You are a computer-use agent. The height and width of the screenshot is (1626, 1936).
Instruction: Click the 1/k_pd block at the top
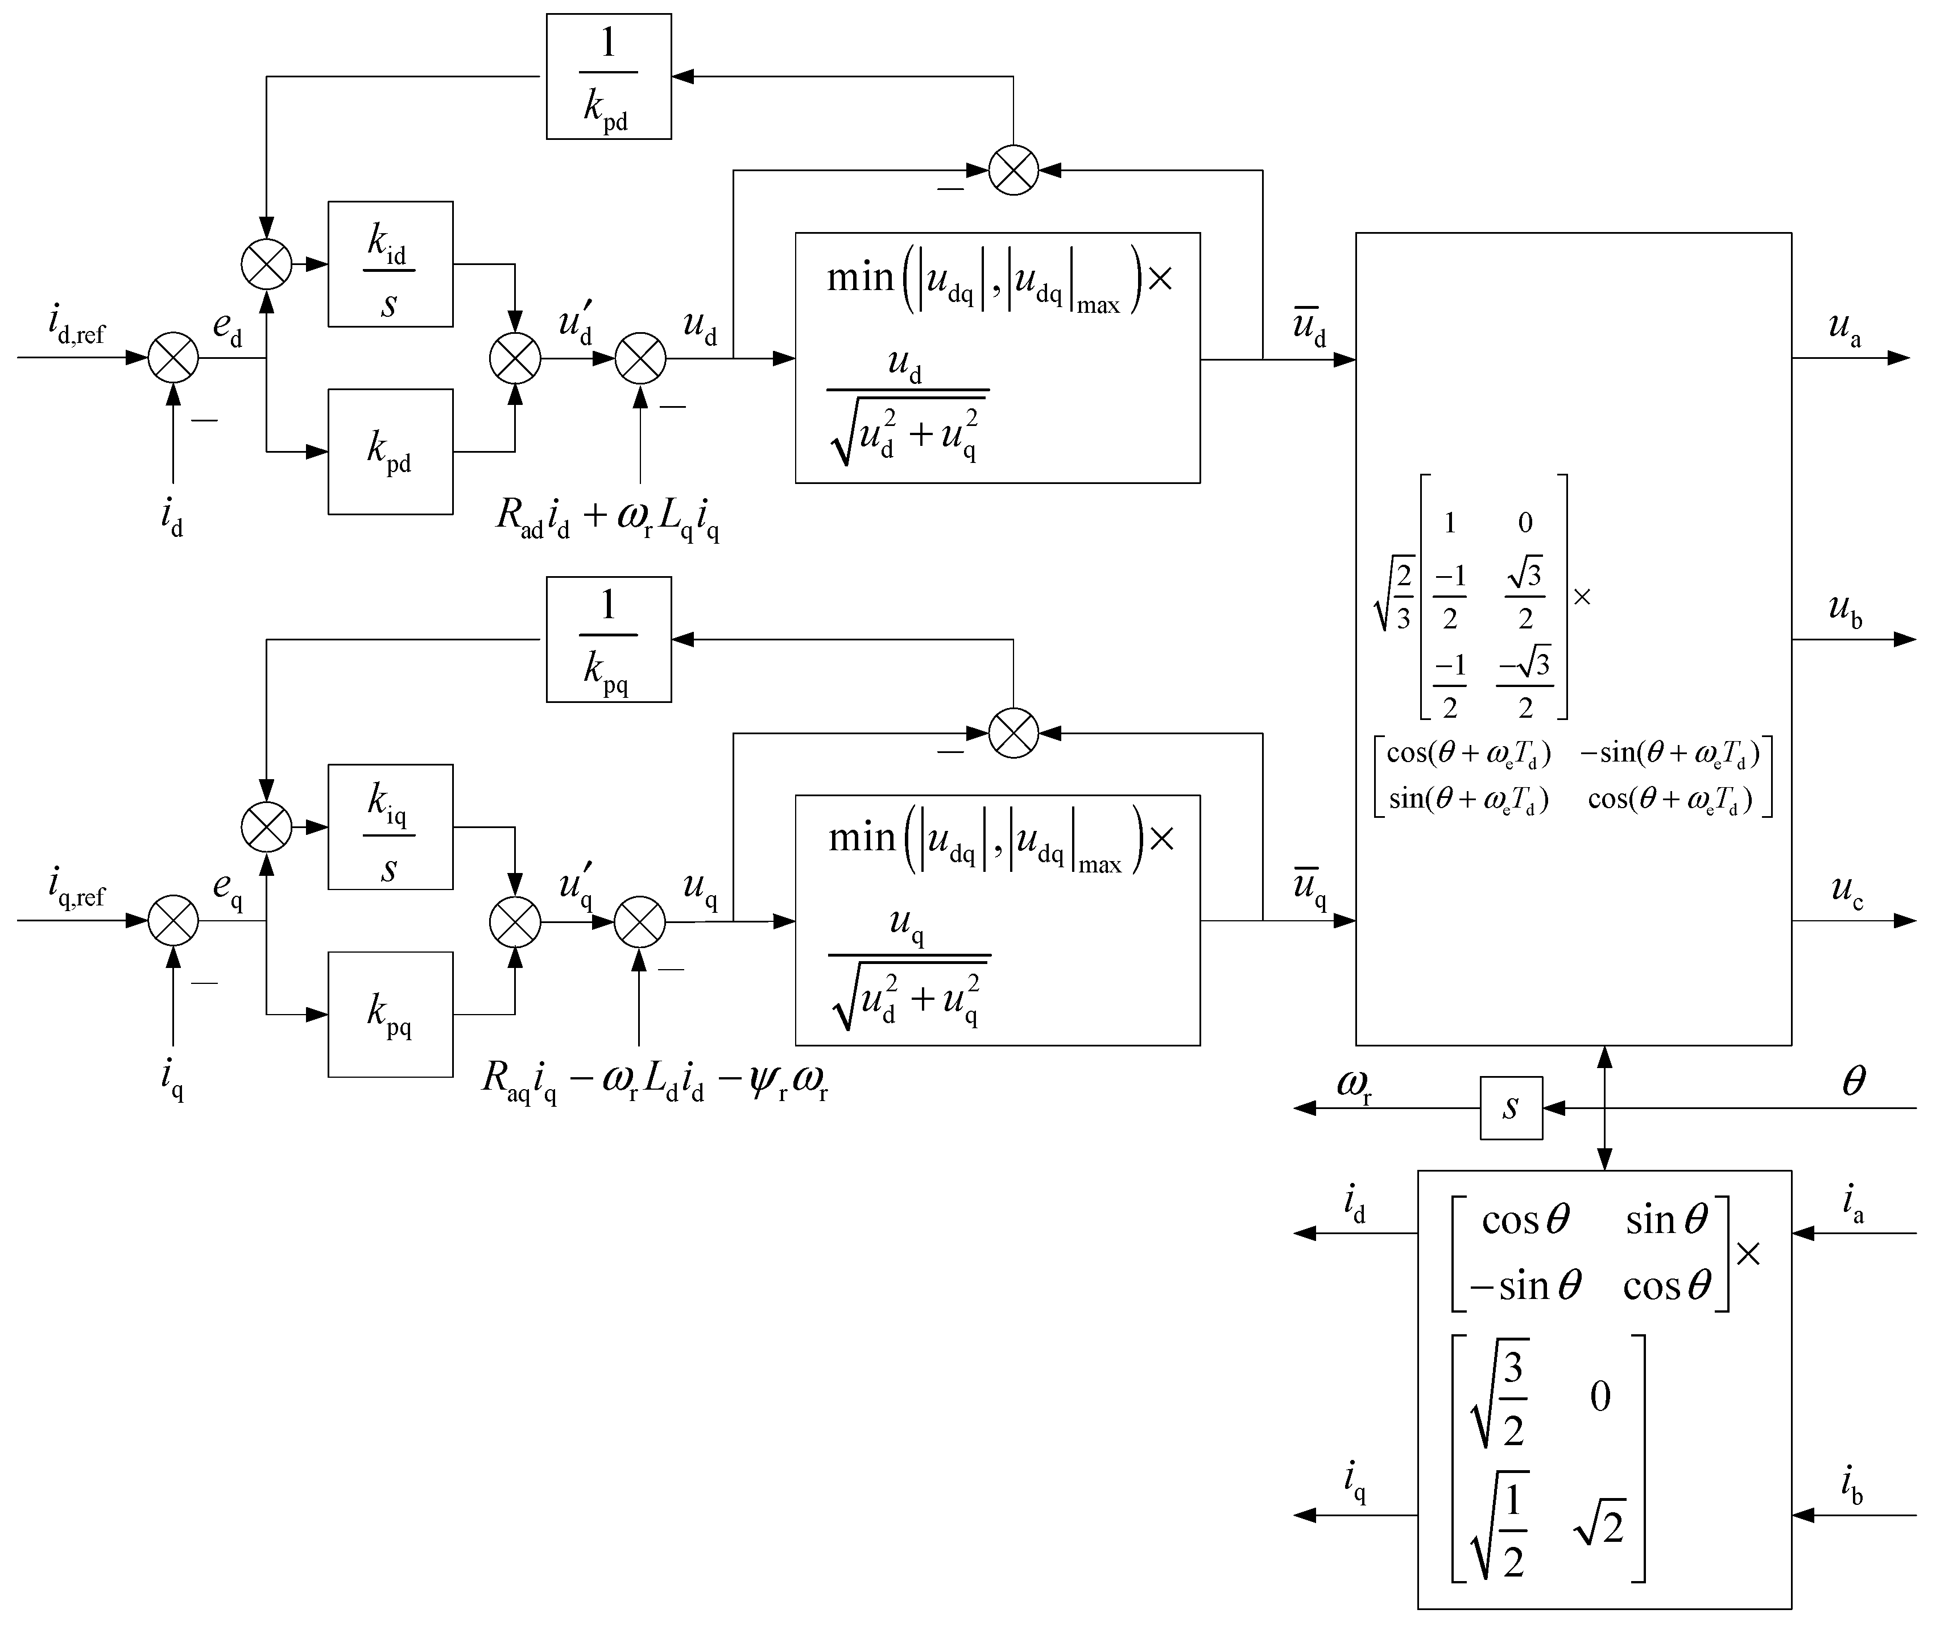[x=609, y=77]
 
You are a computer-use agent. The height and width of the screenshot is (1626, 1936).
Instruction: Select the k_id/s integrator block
[x=390, y=264]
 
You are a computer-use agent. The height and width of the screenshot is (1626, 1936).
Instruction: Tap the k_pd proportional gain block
[x=390, y=452]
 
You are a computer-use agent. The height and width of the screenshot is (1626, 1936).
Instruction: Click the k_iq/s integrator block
[x=390, y=827]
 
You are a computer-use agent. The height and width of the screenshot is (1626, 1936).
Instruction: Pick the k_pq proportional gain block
[x=390, y=1014]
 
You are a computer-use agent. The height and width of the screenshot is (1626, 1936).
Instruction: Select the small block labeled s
[x=1511, y=1108]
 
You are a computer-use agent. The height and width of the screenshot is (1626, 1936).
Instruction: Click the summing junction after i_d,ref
[x=173, y=358]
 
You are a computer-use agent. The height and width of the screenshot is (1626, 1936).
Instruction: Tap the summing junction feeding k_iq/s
[x=266, y=827]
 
